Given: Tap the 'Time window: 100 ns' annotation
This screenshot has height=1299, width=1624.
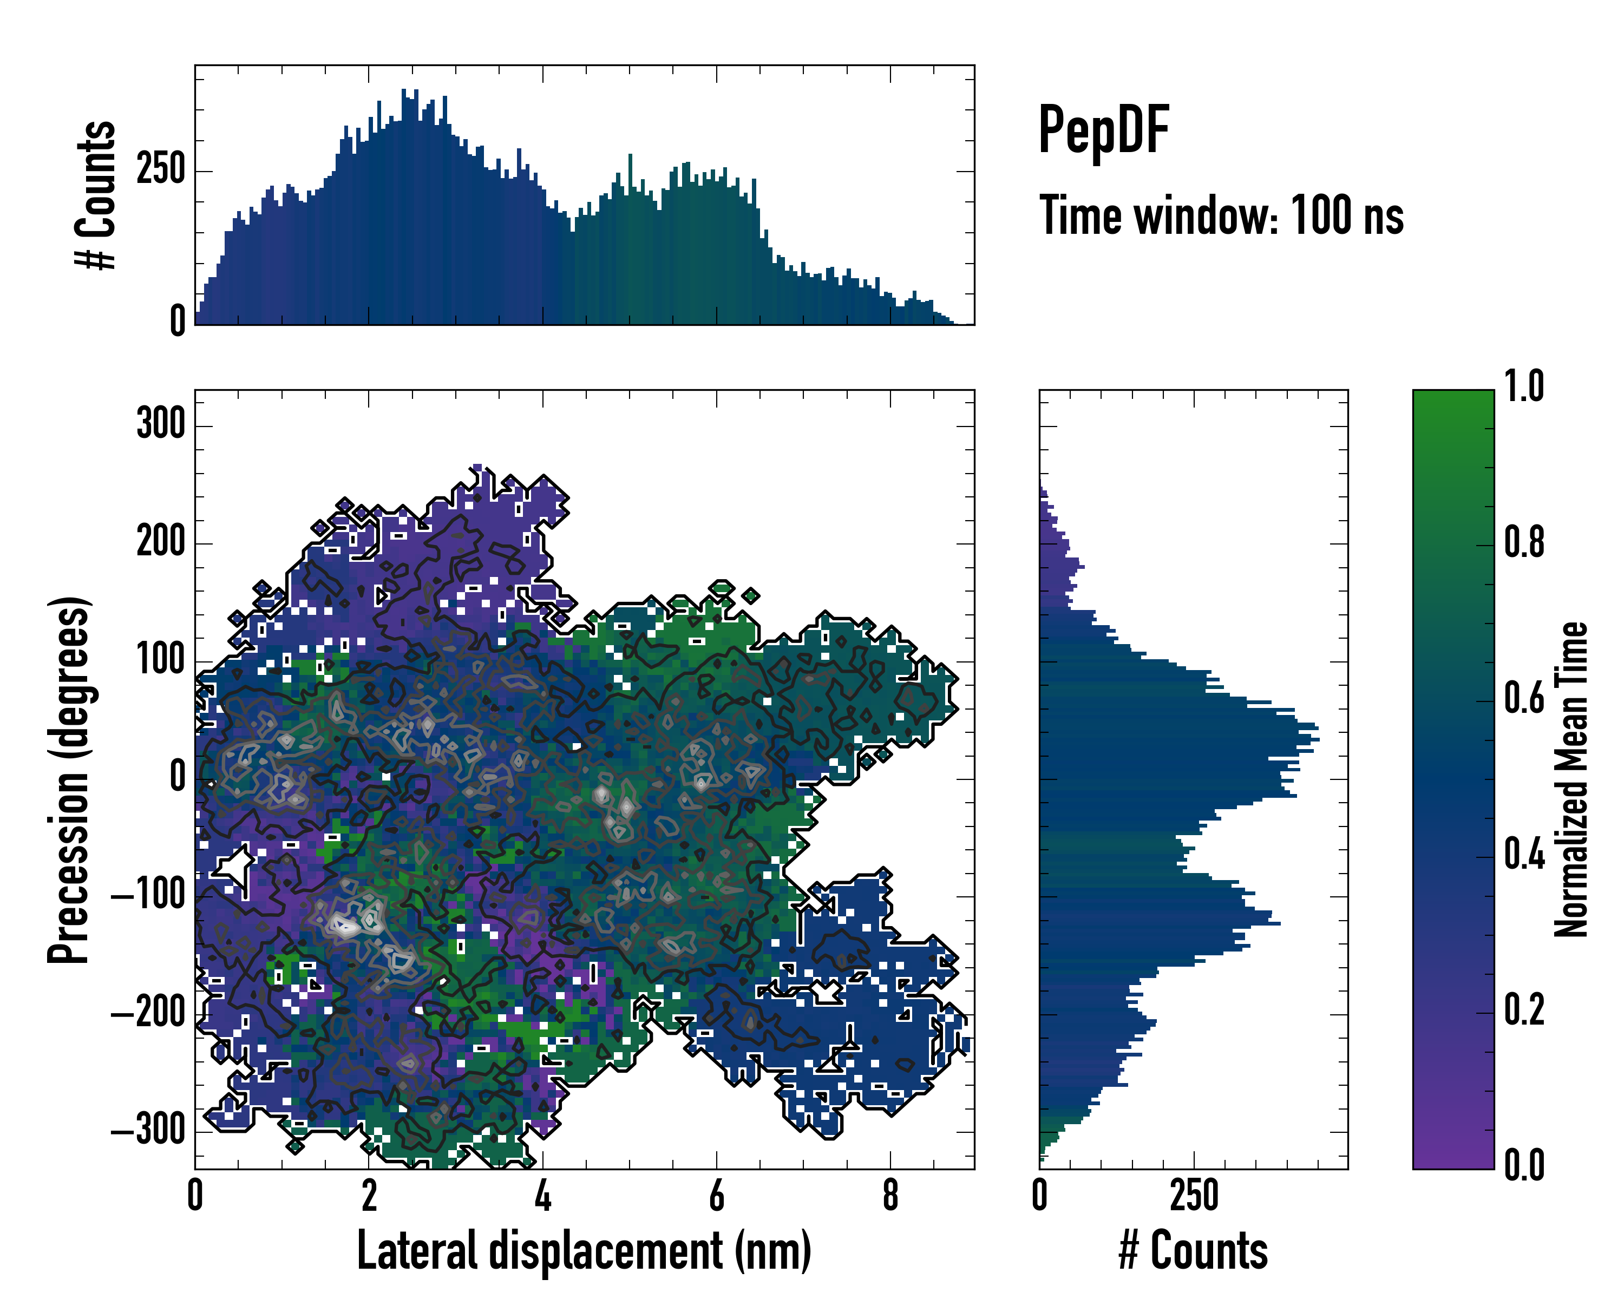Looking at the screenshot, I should (1221, 215).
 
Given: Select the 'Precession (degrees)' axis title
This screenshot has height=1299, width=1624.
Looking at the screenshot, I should (69, 779).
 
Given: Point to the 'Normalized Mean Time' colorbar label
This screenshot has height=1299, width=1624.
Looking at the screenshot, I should (1571, 779).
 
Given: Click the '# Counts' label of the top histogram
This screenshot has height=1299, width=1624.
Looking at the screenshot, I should (96, 194).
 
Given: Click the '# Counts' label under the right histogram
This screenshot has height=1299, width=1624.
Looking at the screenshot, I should (1193, 1251).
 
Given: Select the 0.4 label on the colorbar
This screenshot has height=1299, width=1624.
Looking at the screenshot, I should (1524, 856).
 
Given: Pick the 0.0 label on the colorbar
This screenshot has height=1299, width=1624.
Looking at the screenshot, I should (1524, 1166).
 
